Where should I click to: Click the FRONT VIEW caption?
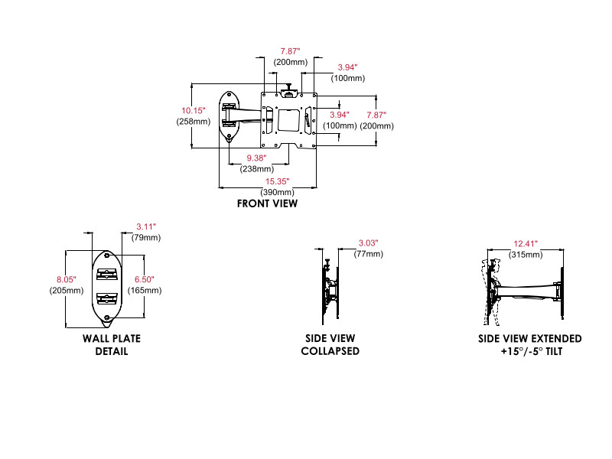pos(267,203)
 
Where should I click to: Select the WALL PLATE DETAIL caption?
pos(112,344)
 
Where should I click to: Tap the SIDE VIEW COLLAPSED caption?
pos(330,344)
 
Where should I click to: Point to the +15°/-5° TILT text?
pos(530,351)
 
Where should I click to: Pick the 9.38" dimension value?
pos(256,159)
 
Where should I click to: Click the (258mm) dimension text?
pos(193,122)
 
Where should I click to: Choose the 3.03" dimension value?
pos(368,243)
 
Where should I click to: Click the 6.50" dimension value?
pos(145,280)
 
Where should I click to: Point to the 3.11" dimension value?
pos(145,226)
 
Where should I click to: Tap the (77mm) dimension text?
pos(368,253)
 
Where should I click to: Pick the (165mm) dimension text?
pos(145,291)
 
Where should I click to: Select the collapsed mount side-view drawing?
pos(330,291)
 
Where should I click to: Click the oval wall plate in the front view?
pos(229,116)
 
